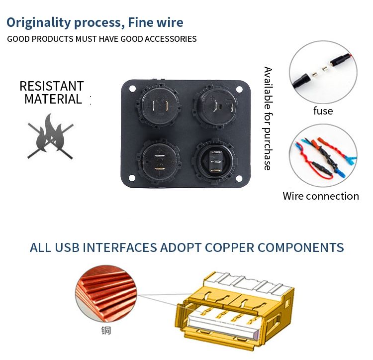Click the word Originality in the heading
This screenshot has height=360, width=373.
pos(39,22)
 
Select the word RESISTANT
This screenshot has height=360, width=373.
pos(52,86)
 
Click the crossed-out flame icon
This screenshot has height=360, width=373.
pos(50,136)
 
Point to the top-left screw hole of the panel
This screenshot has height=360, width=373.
pos(132,89)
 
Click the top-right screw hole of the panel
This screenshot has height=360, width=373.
pos(239,90)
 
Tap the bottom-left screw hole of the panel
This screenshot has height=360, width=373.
pos(132,178)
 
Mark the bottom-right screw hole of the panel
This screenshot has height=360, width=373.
pos(239,178)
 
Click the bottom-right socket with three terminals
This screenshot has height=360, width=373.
pos(215,162)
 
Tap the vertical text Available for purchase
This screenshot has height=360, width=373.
pos(268,119)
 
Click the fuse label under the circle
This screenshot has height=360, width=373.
pos(323,111)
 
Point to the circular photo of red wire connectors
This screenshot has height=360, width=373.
pos(323,155)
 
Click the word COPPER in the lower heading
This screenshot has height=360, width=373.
pos(229,247)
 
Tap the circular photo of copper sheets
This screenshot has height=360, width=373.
pos(106,294)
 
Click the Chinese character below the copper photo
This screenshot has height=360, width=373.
pos(106,331)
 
